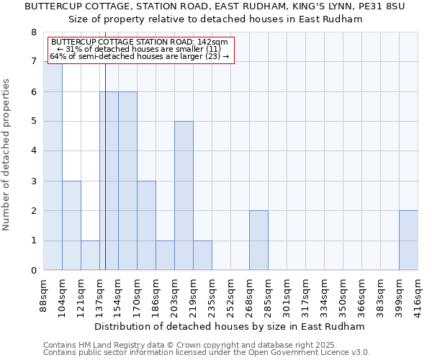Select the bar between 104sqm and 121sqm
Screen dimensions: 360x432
[71, 225]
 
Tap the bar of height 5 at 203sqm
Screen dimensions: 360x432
[184, 195]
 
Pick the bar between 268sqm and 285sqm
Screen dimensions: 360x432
[258, 240]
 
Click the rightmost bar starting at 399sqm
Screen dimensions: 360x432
[408, 240]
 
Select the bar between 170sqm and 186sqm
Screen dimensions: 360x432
[146, 225]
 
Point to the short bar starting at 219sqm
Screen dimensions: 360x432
[202, 256]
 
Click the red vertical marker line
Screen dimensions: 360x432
[105, 180]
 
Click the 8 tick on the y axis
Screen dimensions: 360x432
[33, 32]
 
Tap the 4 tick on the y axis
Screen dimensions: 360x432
[33, 151]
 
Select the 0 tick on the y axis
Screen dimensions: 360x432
[33, 271]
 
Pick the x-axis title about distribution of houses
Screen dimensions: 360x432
[230, 326]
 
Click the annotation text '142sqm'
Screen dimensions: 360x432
[215, 42]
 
